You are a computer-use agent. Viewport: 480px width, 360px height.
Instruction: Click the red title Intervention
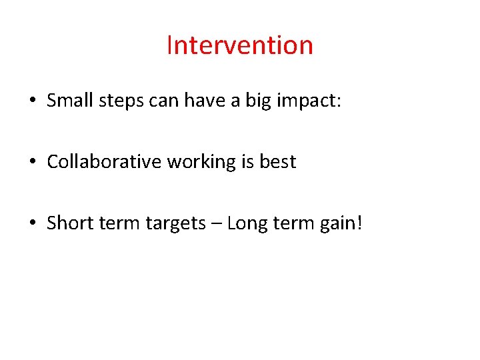click(x=239, y=45)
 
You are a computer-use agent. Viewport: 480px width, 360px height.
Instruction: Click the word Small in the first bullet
click(x=70, y=101)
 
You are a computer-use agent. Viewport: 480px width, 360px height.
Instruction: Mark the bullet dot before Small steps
click(x=32, y=102)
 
